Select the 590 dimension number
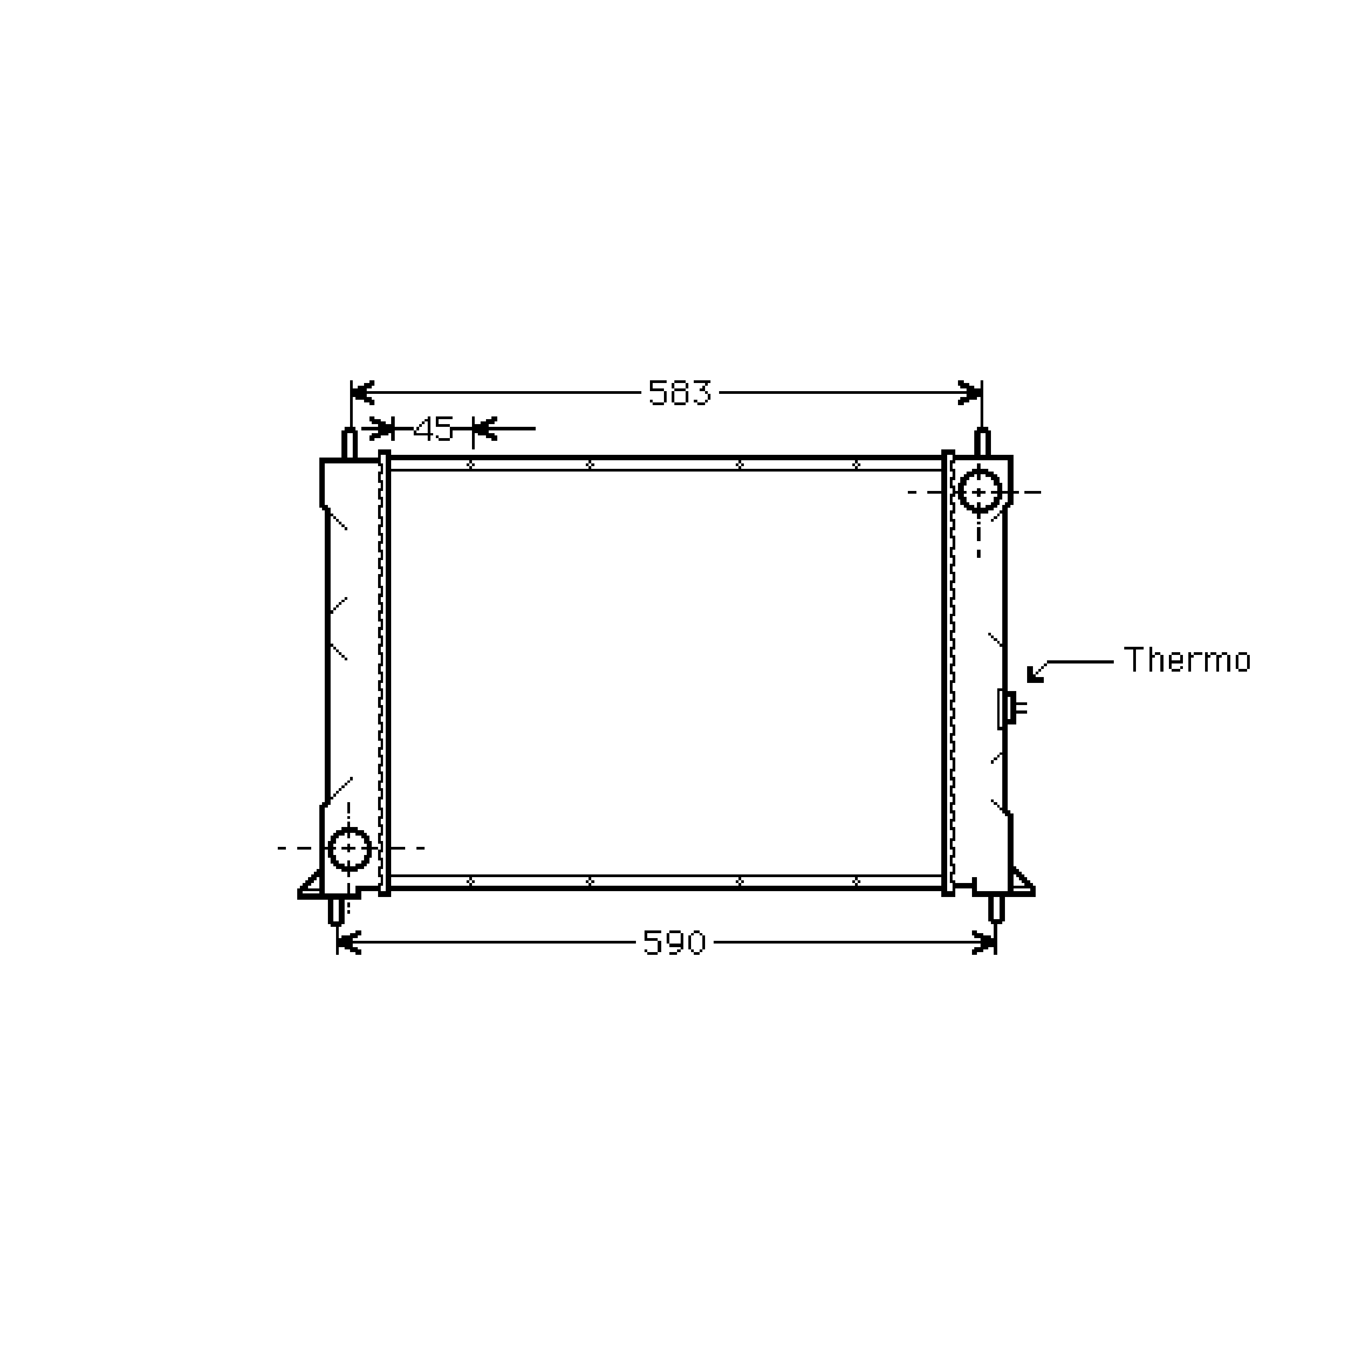[x=674, y=943]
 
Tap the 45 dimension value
[x=434, y=429]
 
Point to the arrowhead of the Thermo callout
[x=1034, y=674]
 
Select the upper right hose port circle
[x=979, y=492]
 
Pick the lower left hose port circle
[x=349, y=849]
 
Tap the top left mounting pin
[x=349, y=443]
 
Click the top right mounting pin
[x=982, y=442]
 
